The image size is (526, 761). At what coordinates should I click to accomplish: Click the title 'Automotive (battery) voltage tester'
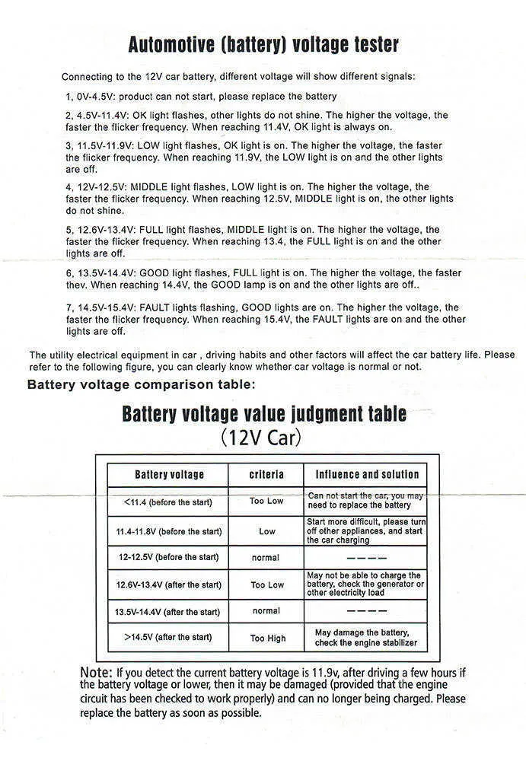click(263, 44)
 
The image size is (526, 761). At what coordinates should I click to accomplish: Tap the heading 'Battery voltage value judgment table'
click(263, 415)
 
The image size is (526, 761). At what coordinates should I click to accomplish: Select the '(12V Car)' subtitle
click(261, 439)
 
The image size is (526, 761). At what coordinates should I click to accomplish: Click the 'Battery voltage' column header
click(169, 475)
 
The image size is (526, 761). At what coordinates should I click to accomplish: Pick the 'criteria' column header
click(266, 475)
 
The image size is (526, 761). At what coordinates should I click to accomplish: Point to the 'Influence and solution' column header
click(367, 475)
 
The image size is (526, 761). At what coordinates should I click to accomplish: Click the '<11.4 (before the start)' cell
click(167, 502)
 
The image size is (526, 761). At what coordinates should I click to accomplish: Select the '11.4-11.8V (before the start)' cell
click(169, 531)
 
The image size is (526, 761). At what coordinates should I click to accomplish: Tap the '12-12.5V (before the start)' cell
click(168, 557)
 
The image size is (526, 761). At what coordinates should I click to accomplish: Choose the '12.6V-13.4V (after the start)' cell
click(169, 584)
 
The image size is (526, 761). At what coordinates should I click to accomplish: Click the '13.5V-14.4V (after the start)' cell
click(167, 611)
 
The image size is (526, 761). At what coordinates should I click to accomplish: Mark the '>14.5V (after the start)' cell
click(168, 638)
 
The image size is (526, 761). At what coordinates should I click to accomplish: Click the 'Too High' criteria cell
click(267, 638)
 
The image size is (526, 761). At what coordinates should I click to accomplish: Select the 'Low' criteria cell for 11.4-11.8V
click(267, 531)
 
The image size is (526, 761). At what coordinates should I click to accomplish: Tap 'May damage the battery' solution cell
click(365, 638)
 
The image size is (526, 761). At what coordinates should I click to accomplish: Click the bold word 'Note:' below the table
click(97, 673)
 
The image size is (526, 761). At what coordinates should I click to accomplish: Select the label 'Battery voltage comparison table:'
click(142, 384)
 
